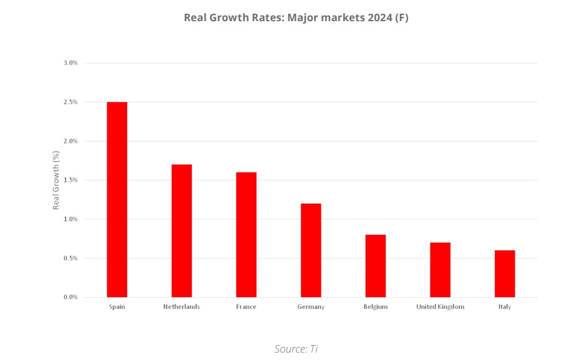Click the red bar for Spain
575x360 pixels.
click(117, 199)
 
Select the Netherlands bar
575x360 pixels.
click(181, 230)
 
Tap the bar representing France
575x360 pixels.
click(246, 234)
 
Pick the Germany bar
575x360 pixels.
click(311, 250)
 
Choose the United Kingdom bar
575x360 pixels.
click(440, 270)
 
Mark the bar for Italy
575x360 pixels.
click(505, 273)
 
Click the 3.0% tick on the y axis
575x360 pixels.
click(70, 63)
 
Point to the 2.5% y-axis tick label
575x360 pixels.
click(70, 102)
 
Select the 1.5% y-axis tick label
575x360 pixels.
click(70, 180)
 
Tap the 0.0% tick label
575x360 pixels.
click(70, 297)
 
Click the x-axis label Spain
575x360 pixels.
click(117, 307)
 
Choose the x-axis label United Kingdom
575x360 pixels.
click(440, 307)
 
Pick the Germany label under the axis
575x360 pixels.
click(311, 307)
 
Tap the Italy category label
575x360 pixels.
click(505, 307)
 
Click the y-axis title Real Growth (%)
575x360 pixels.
click(56, 180)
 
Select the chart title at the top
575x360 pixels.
click(296, 17)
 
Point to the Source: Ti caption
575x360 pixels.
click(296, 349)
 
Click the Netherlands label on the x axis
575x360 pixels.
click(181, 307)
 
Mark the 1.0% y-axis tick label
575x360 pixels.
click(70, 219)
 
